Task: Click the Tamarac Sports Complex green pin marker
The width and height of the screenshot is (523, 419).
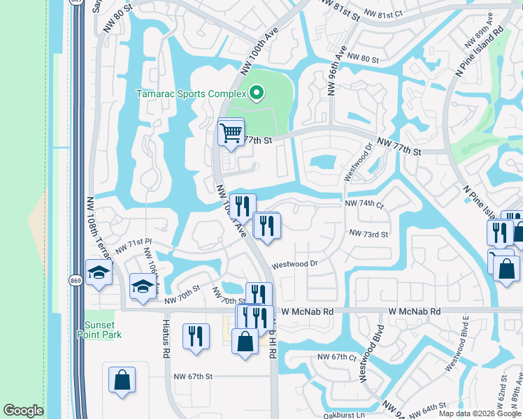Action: pos(257,93)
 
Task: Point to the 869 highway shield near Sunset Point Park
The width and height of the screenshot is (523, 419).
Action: pos(76,281)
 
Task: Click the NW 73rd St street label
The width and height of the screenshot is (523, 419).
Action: pos(368,234)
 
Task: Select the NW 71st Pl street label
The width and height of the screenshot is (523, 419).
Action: pos(134,245)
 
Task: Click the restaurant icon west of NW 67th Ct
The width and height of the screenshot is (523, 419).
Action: pos(196,336)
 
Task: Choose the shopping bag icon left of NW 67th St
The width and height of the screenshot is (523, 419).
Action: pos(122,381)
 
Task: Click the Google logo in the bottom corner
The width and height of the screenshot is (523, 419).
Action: pos(23,411)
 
